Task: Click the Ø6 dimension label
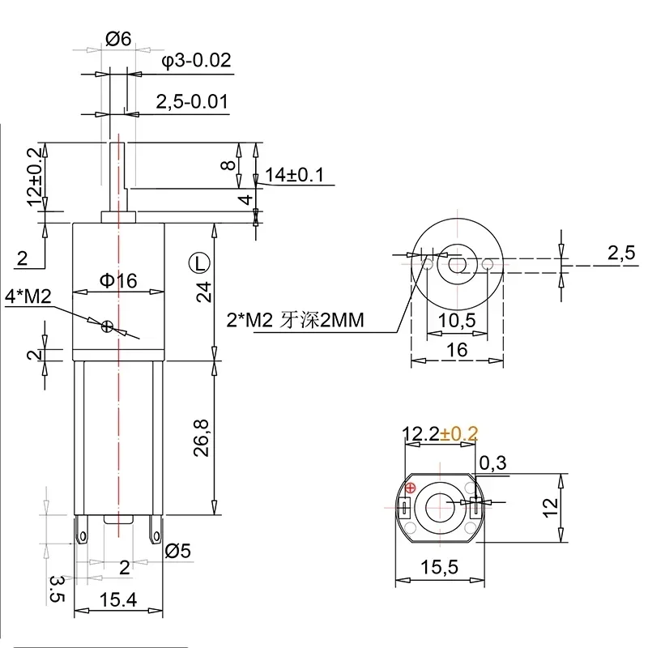(x=118, y=37)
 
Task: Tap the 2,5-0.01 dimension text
(x=190, y=101)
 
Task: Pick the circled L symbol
(x=198, y=262)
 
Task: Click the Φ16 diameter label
(x=118, y=280)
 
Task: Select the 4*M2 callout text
(x=28, y=297)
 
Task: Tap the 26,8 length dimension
(x=202, y=437)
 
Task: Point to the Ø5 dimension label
(x=177, y=552)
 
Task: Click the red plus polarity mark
(x=410, y=488)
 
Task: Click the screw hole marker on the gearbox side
(x=107, y=326)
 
